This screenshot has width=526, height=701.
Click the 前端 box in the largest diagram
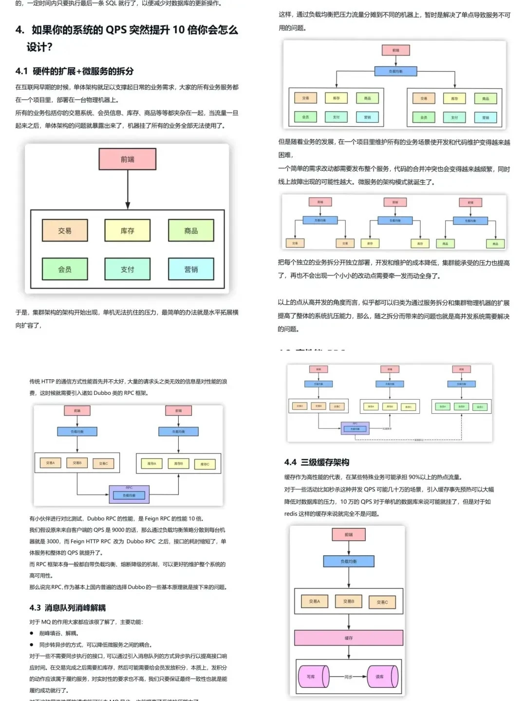pos(128,159)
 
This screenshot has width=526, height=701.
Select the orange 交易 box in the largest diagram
pos(65,231)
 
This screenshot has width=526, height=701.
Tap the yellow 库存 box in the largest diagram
pos(128,231)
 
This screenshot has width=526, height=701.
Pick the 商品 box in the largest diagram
pos(191,231)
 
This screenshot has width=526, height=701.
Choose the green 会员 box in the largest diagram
pos(65,269)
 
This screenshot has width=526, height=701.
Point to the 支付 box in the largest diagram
pos(128,269)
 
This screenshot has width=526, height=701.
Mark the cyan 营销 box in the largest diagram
pos(191,269)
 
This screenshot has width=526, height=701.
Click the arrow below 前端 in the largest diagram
pos(128,190)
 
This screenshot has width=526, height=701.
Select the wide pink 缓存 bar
pos(349,638)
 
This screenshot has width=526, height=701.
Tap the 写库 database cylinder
pos(312,677)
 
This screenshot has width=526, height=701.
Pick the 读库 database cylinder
pos(381,677)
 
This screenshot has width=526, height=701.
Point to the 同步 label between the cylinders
pos(348,677)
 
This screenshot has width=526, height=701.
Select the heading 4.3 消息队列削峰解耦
pos(67,608)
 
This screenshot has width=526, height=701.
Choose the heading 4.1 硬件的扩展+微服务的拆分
pos(74,71)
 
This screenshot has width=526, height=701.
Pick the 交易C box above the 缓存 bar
pos(382,602)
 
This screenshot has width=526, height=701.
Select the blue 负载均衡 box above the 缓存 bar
pos(349,561)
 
